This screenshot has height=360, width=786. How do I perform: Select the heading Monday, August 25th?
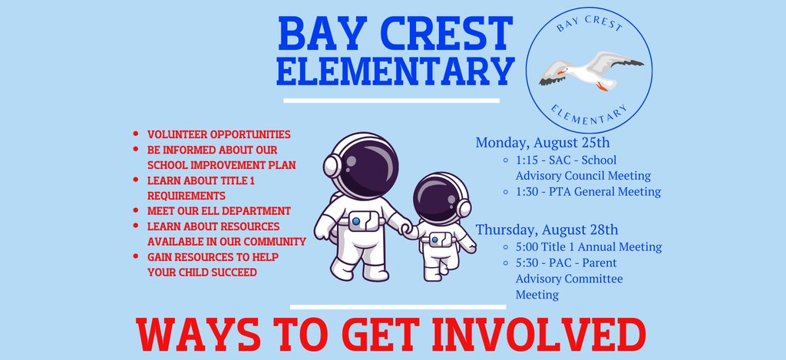[543, 142]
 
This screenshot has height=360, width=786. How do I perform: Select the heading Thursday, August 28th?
[547, 229]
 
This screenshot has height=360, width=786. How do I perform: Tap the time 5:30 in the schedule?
[529, 263]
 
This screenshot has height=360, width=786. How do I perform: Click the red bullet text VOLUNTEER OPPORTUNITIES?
[219, 134]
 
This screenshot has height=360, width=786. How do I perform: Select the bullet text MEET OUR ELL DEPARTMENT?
[219, 210]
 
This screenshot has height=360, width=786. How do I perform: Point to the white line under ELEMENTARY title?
[391, 100]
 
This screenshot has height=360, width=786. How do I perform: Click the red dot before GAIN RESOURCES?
[136, 257]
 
